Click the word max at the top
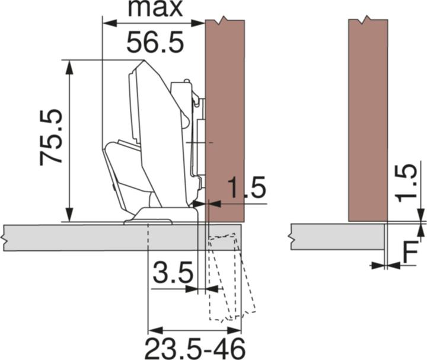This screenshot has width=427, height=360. [x=155, y=9]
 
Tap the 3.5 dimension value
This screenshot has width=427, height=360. [x=172, y=275]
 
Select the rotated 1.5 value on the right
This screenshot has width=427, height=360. [x=407, y=183]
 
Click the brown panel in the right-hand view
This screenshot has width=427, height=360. [x=368, y=119]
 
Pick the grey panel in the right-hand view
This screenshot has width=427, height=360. [x=338, y=236]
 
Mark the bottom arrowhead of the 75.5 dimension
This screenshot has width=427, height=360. [x=70, y=216]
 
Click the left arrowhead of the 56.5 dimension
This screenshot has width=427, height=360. [x=108, y=24]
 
